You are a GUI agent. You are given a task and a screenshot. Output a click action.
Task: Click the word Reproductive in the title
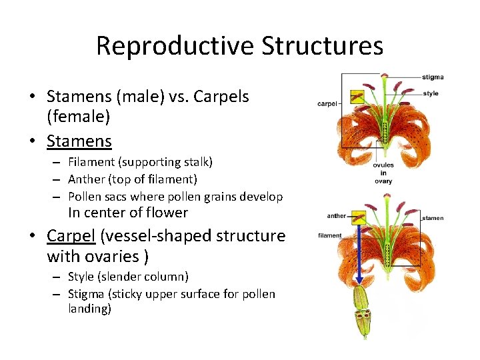(x=175, y=46)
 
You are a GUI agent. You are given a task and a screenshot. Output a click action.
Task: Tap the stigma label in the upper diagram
(x=433, y=77)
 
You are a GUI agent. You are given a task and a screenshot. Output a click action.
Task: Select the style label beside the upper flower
(x=431, y=93)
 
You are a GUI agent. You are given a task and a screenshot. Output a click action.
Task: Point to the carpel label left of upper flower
(x=327, y=104)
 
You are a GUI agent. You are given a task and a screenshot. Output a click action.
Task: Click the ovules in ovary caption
(x=383, y=173)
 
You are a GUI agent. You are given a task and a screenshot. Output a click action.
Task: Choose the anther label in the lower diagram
(x=337, y=215)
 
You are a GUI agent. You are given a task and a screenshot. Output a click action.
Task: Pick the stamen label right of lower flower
(x=433, y=218)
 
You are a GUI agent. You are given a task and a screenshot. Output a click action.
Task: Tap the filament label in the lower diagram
(x=330, y=235)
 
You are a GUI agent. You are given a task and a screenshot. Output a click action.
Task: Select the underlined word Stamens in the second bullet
(x=79, y=141)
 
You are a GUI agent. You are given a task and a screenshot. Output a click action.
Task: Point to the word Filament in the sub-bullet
(x=91, y=162)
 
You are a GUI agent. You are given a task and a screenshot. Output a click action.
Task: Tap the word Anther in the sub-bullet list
(x=87, y=179)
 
